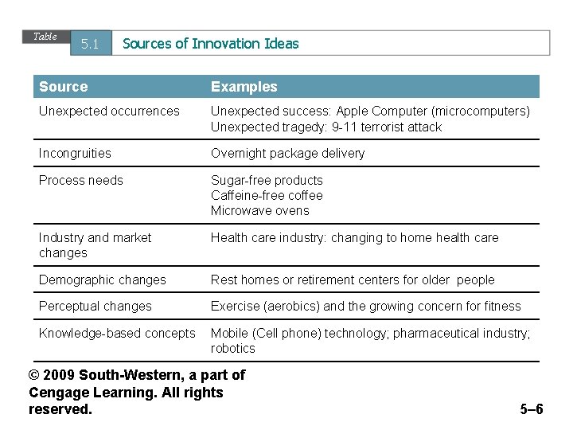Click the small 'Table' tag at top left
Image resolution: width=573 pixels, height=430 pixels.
pos(45,37)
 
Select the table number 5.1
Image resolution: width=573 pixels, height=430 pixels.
pos(90,45)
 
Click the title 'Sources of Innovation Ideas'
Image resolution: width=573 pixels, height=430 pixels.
pos(211,44)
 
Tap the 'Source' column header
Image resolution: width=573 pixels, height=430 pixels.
pos(64,86)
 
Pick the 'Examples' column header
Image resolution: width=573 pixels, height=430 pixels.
pos(244,86)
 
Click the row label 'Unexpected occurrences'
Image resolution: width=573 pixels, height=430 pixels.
pos(109,111)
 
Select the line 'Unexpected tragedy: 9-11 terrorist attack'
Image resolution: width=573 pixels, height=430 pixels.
pos(325,127)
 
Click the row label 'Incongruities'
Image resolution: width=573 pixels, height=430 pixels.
pos(75,153)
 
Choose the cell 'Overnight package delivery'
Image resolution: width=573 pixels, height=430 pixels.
pos(287,153)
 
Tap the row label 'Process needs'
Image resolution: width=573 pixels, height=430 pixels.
pos(81,180)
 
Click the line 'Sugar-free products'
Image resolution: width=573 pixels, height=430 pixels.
pos(267,180)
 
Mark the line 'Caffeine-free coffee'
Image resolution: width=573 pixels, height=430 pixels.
pos(267,195)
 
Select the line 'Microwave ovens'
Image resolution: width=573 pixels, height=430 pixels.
pos(259,210)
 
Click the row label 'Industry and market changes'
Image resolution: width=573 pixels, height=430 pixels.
pos(95,244)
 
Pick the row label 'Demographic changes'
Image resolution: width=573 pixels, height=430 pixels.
pos(103,279)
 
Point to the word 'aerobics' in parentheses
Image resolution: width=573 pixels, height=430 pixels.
pos(291,306)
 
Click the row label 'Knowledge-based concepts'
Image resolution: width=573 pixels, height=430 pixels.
pos(117,333)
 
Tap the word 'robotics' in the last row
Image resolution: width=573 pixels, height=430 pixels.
pos(232,348)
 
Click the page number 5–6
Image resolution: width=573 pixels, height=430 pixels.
pos(531,409)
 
